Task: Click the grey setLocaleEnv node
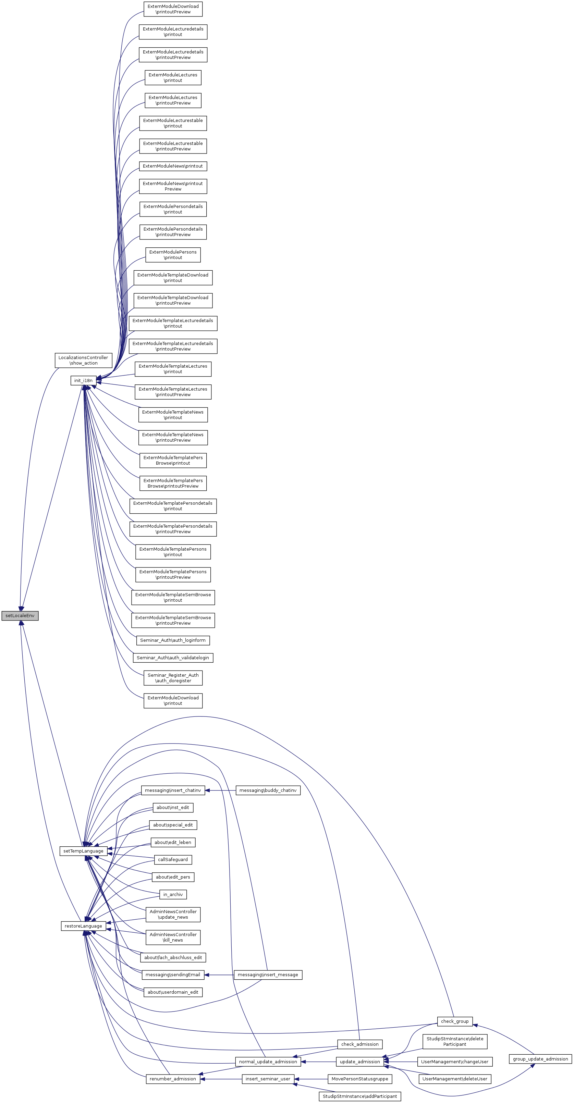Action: (20, 616)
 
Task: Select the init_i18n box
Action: (83, 380)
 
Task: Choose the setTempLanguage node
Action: (83, 851)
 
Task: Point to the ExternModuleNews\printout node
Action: (173, 166)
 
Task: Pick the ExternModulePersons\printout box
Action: (173, 255)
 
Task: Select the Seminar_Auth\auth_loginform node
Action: (173, 640)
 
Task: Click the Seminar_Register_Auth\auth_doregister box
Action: (173, 678)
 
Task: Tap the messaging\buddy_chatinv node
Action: (268, 790)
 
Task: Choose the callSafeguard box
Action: (173, 859)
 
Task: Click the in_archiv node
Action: (173, 894)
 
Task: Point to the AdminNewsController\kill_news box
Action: (173, 937)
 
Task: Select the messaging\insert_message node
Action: (268, 975)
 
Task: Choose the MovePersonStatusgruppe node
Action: (359, 1079)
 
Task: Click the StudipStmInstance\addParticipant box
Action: (359, 1096)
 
